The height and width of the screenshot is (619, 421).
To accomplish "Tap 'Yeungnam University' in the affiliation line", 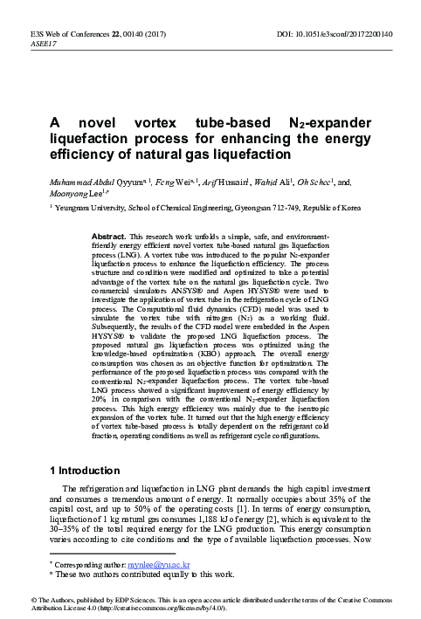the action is [x=90, y=210].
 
